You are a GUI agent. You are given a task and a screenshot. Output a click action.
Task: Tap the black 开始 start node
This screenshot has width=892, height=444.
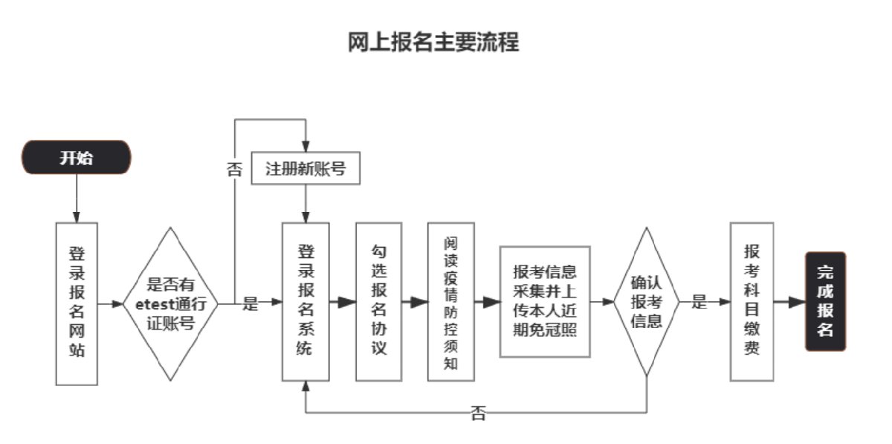[x=77, y=158]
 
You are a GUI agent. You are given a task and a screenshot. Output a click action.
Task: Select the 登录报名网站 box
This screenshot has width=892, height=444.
[x=77, y=303]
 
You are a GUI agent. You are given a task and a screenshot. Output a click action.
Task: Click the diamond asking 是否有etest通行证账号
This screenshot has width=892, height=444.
[x=171, y=303]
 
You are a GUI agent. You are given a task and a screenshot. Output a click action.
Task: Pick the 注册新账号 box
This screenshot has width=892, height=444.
[x=306, y=169]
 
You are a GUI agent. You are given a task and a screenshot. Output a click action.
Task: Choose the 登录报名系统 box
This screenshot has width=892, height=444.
[x=306, y=302]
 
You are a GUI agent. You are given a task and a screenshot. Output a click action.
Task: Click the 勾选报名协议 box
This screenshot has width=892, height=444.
[x=378, y=302]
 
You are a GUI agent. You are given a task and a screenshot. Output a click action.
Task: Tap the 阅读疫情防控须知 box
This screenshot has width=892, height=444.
[x=450, y=302]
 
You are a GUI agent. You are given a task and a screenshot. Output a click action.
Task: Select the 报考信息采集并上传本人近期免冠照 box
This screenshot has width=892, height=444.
[x=544, y=301]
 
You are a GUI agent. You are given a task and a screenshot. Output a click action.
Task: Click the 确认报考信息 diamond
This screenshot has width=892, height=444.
[x=646, y=302]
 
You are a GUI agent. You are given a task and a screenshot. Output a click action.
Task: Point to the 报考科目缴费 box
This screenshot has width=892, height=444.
[x=752, y=302]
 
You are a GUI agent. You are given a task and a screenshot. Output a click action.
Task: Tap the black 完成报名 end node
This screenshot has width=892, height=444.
[x=825, y=301]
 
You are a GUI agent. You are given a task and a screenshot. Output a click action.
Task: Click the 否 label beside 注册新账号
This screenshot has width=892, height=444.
[x=234, y=170]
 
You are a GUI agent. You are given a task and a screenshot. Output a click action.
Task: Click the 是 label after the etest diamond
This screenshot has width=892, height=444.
[x=251, y=303]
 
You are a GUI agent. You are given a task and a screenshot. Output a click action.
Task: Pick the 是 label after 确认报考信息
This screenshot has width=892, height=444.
[x=699, y=302]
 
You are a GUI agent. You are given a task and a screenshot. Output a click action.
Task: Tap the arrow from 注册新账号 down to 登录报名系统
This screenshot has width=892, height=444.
[x=306, y=203]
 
